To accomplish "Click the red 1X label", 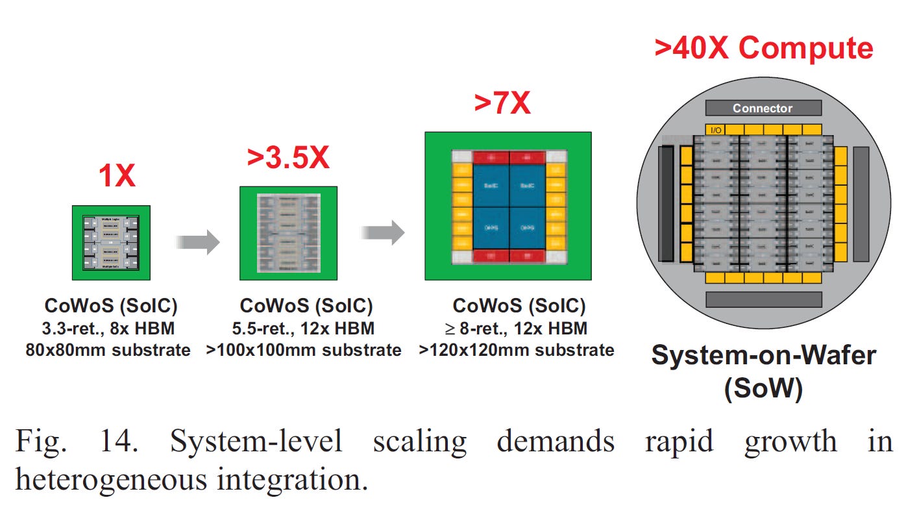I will point(117,175).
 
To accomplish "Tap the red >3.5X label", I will point(288,158).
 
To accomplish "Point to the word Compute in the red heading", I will point(805,48).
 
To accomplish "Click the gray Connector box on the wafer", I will point(763,108).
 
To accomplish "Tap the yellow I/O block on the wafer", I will point(716,130).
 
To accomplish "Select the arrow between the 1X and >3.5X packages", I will point(198,242).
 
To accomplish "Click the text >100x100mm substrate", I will point(304,351).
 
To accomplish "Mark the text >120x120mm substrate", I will point(517,351).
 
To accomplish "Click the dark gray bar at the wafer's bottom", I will point(763,299).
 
